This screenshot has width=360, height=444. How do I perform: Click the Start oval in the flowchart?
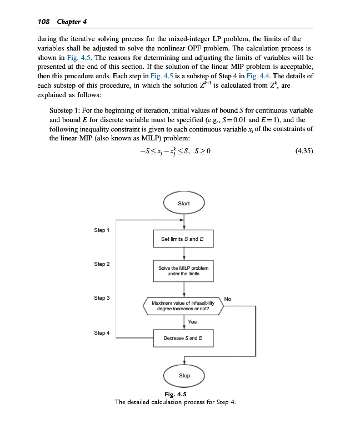[x=184, y=204]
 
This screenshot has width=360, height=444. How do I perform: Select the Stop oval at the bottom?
[x=184, y=376]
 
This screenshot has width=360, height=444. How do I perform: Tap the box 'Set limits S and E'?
[x=183, y=239]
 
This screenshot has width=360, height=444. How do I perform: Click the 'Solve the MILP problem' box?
[x=183, y=270]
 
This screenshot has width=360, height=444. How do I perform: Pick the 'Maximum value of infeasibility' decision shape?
[x=183, y=306]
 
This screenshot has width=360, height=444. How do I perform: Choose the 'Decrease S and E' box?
[x=183, y=337]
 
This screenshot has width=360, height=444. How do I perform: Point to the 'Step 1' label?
[x=102, y=230]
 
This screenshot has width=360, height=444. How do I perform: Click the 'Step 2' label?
[x=102, y=264]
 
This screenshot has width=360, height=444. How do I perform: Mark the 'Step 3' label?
[x=102, y=298]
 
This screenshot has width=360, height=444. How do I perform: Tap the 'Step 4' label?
[x=102, y=332]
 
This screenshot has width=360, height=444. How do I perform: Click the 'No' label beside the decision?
[x=228, y=299]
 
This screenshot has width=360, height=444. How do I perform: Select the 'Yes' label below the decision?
[x=192, y=322]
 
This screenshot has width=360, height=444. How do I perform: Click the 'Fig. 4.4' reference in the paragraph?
[x=258, y=75]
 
